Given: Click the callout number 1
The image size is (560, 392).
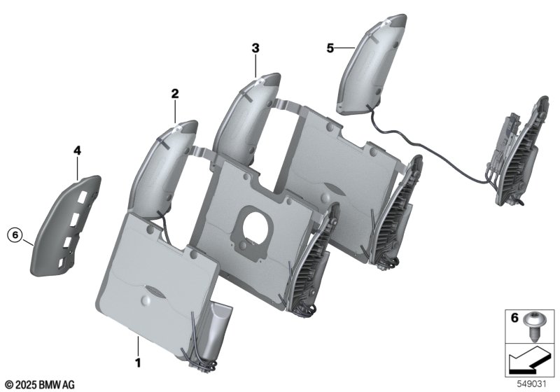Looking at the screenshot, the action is [x=138, y=363].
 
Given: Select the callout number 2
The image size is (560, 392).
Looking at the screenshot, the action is [x=174, y=94].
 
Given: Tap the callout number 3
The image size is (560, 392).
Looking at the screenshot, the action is [x=255, y=48].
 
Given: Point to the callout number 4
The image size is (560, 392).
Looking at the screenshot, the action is [x=77, y=151].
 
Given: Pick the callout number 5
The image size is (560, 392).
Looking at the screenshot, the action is [x=330, y=48].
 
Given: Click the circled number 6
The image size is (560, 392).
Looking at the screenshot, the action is [x=15, y=235].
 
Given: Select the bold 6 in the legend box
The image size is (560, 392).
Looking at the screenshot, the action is [x=514, y=317].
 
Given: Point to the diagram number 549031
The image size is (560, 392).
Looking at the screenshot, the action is [x=532, y=384].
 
